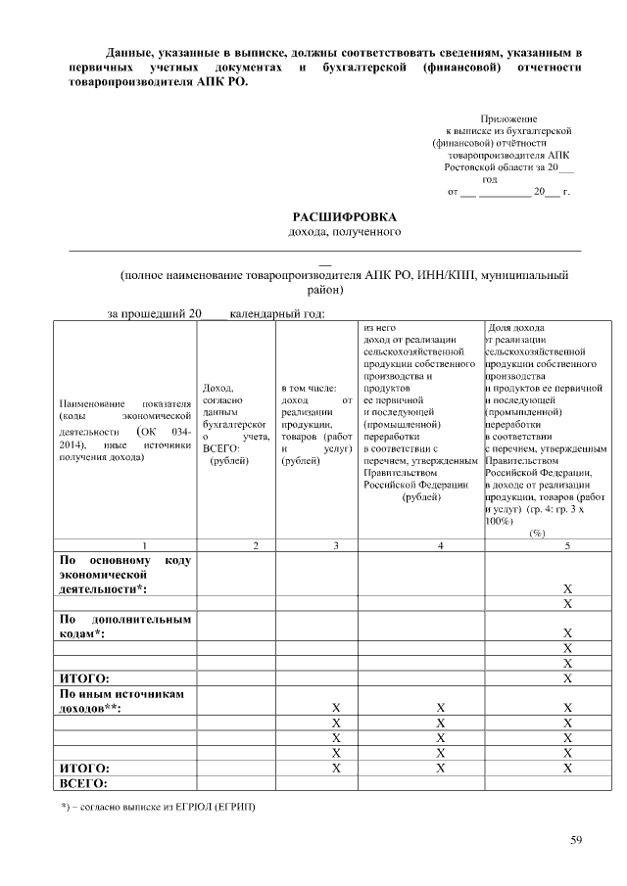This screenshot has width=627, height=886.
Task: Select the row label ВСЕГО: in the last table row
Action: point(83,784)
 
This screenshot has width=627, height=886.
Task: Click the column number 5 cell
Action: point(567,545)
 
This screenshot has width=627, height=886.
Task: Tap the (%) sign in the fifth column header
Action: point(537,533)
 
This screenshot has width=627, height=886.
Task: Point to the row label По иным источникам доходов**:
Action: point(124,700)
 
